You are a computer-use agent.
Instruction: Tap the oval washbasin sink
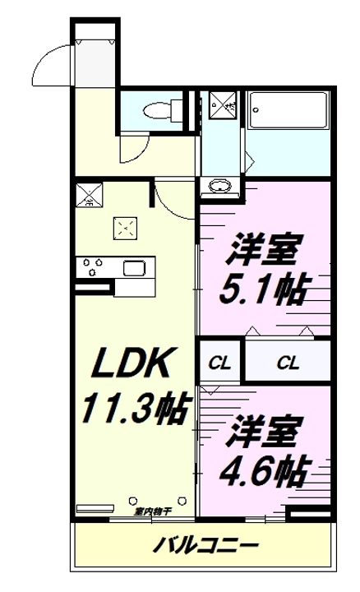point(220,186)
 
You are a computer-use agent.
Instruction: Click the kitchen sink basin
point(134,268)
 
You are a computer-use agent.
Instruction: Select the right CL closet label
point(287,363)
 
